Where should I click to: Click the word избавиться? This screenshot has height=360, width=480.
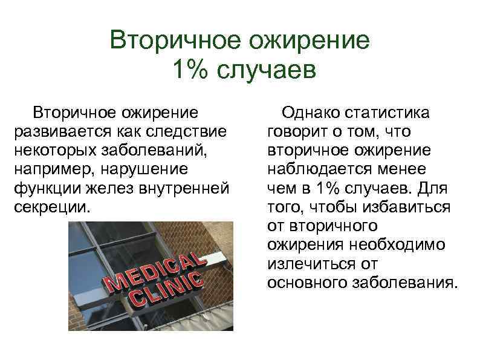[x=408, y=206]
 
